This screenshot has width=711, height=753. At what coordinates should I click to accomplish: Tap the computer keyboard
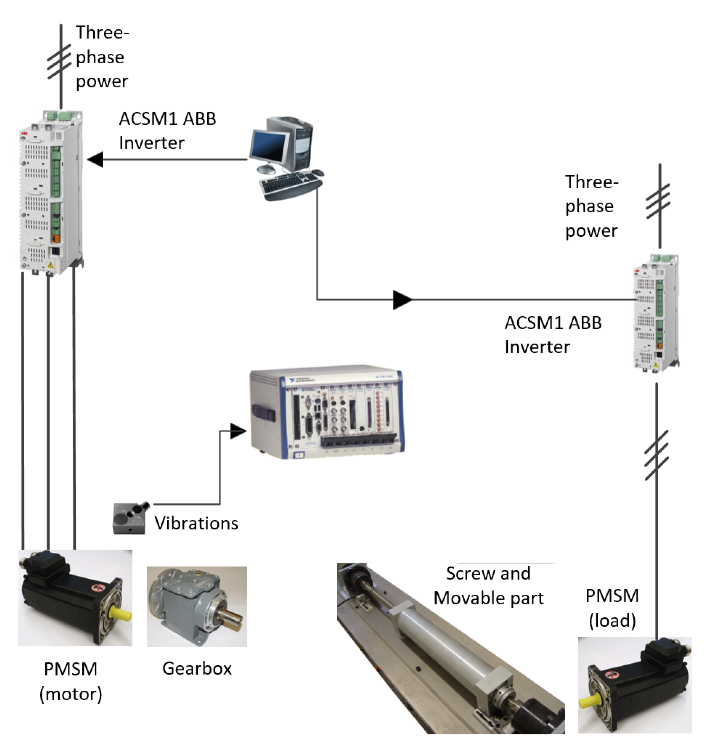coord(290,185)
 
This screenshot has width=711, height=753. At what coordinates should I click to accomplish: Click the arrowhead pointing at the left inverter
coord(96,159)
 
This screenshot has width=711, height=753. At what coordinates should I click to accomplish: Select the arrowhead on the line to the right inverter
coord(402,300)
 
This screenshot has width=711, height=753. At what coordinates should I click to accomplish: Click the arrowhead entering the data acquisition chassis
coord(238,431)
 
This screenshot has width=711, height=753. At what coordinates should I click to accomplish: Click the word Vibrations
coord(196,524)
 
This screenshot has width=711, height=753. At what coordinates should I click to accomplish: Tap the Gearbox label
coord(197,669)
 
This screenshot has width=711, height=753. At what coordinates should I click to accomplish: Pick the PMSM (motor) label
coord(71,681)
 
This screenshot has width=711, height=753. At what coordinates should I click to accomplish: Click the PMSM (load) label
coord(612,608)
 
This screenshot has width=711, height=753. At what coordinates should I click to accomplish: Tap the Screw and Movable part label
coord(488,586)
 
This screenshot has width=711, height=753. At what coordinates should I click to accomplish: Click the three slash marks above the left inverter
coord(59,62)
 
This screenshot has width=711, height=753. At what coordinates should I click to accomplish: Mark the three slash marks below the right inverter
coord(656,456)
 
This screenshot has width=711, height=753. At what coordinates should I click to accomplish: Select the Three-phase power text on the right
coord(591,207)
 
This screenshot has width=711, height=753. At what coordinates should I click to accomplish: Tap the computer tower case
coord(299,144)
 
